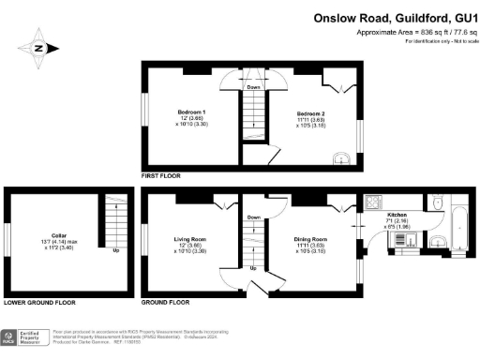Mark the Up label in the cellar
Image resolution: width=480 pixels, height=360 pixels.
[x=115, y=251]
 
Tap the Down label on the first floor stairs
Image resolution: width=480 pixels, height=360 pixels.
[x=253, y=87]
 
